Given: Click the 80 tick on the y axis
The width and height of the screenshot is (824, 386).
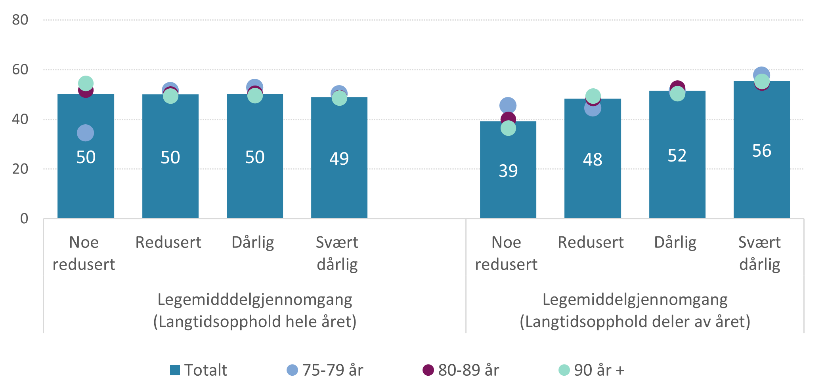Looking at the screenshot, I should click(x=20, y=20).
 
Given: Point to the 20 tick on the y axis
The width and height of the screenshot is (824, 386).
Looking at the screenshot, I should click(x=20, y=169).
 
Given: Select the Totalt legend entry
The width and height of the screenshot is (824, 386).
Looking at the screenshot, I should click(x=199, y=370).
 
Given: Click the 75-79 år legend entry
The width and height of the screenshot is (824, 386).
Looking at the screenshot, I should click(x=325, y=370).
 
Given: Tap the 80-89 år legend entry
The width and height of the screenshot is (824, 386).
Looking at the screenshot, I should click(x=461, y=370).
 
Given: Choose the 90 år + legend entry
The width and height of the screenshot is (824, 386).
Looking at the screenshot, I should click(x=592, y=370).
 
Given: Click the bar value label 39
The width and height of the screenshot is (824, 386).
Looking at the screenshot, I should click(x=508, y=171).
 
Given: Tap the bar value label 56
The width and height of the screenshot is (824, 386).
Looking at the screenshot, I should click(x=762, y=151).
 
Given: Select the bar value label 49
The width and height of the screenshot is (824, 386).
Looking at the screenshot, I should click(x=339, y=159).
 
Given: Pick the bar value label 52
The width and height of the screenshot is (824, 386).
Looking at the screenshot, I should click(x=677, y=156).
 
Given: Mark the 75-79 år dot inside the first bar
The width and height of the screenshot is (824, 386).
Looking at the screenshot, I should click(x=86, y=133).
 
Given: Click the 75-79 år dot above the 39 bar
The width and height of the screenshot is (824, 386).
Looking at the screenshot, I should click(x=508, y=106).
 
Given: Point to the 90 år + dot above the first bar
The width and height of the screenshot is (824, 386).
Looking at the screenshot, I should click(x=86, y=84).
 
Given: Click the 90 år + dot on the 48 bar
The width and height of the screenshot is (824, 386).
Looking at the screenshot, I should click(x=593, y=96).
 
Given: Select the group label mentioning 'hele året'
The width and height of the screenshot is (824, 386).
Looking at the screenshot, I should click(x=255, y=311).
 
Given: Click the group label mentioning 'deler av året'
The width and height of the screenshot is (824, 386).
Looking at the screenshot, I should click(x=635, y=311).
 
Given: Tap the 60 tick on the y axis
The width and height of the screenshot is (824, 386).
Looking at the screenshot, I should click(x=20, y=70).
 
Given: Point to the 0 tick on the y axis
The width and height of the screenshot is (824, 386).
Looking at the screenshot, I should click(x=24, y=219).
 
